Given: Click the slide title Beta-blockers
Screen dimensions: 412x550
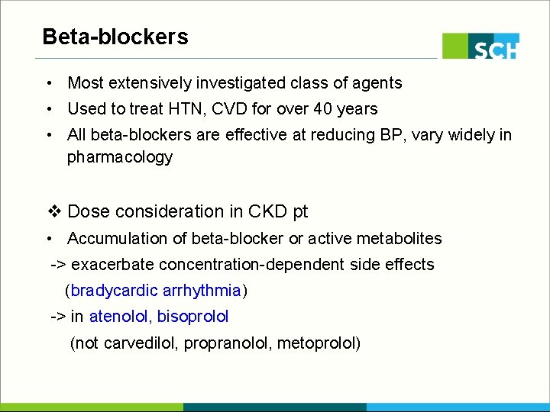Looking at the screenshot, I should click(115, 37).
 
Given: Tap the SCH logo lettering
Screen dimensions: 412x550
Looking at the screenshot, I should click(495, 50).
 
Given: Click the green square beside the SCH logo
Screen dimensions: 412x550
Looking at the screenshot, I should click(455, 46).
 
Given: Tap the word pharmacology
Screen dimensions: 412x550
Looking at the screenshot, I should click(120, 158).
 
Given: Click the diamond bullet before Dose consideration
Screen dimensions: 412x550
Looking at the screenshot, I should click(53, 211).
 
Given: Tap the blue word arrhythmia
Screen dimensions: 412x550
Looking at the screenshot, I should click(202, 291).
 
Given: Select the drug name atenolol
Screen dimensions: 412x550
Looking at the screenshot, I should click(120, 317).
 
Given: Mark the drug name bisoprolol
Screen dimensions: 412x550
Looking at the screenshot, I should click(193, 317).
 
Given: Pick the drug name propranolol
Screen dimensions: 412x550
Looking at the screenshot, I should click(228, 343).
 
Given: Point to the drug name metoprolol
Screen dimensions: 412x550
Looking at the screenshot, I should click(315, 343).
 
